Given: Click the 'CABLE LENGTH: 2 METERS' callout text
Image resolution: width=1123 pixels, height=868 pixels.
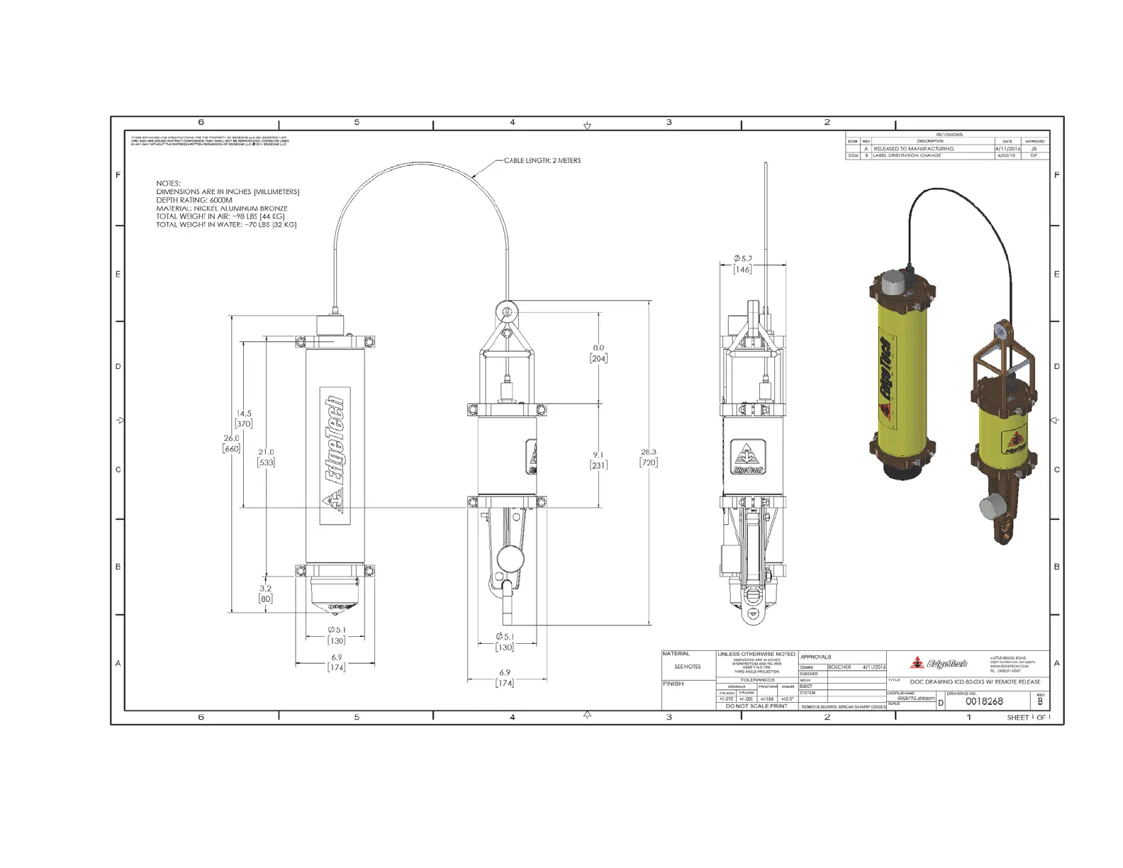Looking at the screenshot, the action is (x=542, y=161).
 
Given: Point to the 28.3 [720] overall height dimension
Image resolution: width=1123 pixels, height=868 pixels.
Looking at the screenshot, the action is (x=648, y=457).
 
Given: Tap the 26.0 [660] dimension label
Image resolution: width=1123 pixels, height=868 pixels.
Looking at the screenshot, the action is (x=232, y=443).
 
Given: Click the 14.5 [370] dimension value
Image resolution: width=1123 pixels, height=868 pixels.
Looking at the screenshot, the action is (x=244, y=418).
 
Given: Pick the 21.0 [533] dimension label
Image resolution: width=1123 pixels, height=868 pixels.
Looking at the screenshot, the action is (x=266, y=457).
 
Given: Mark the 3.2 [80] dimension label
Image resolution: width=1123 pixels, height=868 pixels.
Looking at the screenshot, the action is (x=266, y=594).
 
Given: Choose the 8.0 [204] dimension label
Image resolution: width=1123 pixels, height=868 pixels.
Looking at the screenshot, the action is (x=598, y=353).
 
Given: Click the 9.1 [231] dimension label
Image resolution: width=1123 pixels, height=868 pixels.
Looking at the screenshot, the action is (x=598, y=460).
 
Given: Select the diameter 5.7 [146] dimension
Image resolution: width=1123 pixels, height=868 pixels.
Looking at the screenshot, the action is (x=743, y=264).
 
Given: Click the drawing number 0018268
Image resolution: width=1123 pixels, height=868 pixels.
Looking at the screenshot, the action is (x=985, y=701).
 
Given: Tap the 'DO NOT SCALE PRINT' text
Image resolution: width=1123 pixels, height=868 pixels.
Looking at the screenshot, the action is (x=756, y=706).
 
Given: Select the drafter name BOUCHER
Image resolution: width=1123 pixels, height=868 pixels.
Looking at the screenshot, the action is (x=839, y=667).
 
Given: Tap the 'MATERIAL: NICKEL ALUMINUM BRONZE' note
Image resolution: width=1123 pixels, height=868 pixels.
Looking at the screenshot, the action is (x=222, y=209).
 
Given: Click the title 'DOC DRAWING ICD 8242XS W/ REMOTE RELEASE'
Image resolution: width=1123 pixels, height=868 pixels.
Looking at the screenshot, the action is (x=975, y=682).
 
